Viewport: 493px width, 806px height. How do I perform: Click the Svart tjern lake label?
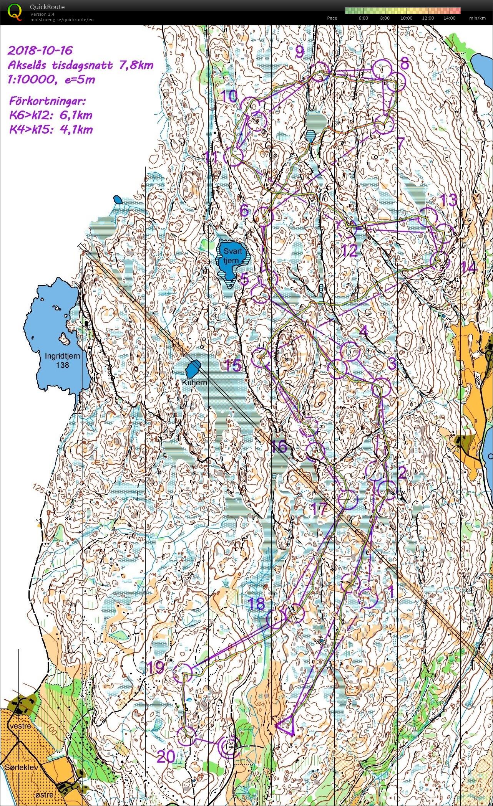tap(233, 256)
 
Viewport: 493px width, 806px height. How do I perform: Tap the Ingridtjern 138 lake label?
tap(62, 360)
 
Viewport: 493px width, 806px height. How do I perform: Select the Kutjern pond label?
tap(194, 383)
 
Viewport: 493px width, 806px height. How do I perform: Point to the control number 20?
tap(166, 756)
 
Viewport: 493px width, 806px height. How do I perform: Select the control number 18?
tap(256, 604)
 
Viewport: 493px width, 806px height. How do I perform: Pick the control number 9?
tap(299, 51)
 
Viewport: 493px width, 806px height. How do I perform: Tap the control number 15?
tap(233, 365)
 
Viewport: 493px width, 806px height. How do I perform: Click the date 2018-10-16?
tap(40, 50)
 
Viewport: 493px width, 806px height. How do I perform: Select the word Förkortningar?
tap(47, 101)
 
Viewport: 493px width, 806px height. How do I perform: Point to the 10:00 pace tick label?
tap(406, 18)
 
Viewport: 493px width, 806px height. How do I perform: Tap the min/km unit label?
tap(477, 18)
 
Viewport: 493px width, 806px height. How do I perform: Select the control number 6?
tap(244, 211)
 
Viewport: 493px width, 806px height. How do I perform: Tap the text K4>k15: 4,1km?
tap(51, 129)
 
